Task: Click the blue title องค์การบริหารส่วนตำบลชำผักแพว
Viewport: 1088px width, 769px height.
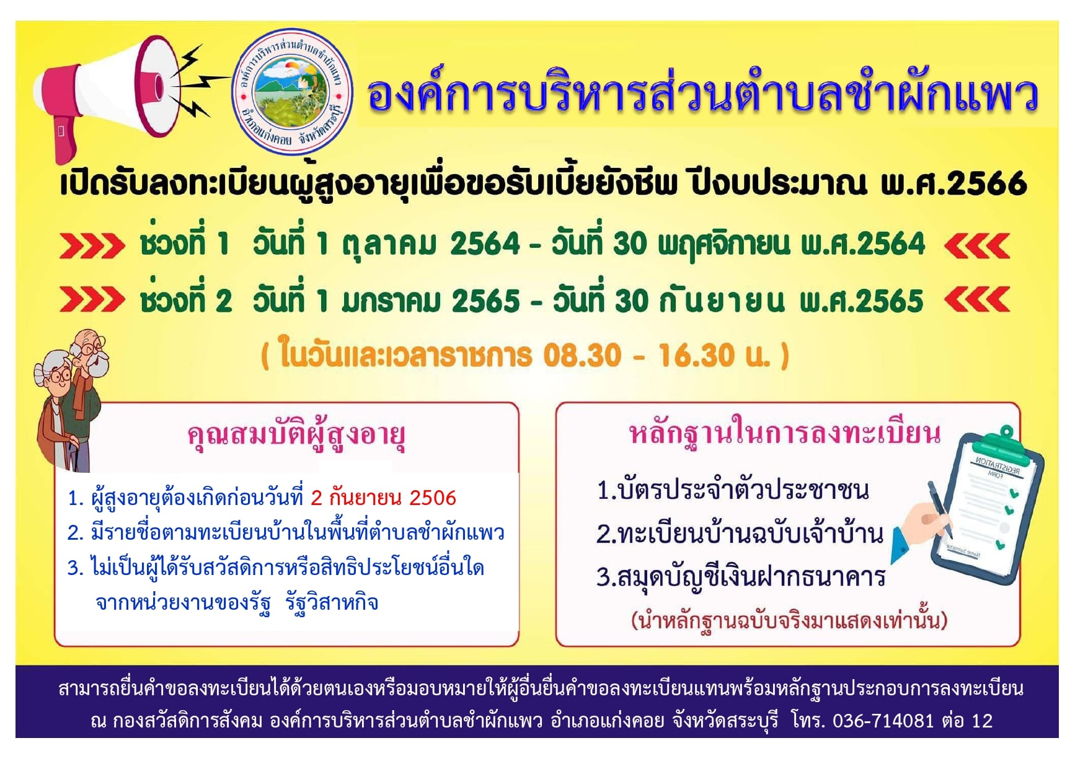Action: (702, 95)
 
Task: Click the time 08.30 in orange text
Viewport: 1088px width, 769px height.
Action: (582, 356)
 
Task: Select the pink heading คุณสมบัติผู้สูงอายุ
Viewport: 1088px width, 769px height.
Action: (296, 436)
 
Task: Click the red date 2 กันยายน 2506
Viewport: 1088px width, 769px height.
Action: (383, 498)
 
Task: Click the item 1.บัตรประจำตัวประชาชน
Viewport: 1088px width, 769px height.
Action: (733, 490)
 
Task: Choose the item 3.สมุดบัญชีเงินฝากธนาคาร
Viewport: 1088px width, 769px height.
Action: (741, 577)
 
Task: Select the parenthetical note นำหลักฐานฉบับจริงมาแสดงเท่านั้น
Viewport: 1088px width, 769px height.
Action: (789, 620)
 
